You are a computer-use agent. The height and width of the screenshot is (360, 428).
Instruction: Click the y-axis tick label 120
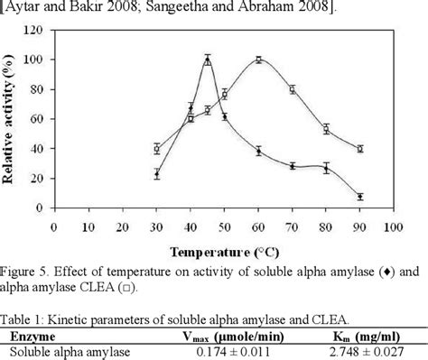(x=33, y=30)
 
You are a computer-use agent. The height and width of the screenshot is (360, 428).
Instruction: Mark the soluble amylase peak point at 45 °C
(x=208, y=60)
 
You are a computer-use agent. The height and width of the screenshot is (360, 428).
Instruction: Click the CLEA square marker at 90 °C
(x=360, y=149)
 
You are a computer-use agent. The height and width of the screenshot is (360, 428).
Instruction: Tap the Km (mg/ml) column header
(x=369, y=334)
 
